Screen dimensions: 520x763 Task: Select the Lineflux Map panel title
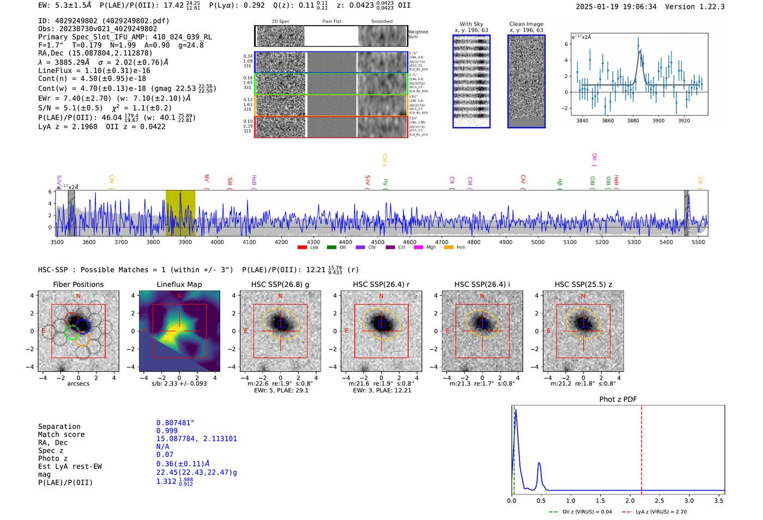[179, 284]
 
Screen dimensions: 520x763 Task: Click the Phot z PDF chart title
[617, 399]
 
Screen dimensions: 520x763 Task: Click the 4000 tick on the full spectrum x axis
[217, 242]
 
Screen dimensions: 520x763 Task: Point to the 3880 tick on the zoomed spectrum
[633, 121]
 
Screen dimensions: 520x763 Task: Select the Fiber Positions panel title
[78, 284]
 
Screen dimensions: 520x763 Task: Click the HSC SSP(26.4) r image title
[381, 284]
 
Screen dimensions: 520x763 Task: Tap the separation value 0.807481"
[175, 423]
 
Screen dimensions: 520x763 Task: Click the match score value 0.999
[167, 431]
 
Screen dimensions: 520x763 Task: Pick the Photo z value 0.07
[165, 455]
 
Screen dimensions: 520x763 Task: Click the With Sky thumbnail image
[471, 81]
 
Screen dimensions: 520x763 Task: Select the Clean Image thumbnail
[526, 81]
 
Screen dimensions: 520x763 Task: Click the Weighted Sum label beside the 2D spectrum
[418, 34]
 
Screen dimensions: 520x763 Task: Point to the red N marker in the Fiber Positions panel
[78, 296]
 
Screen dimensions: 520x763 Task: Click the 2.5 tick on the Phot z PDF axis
[659, 500]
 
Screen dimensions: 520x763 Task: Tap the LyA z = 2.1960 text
[68, 127]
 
